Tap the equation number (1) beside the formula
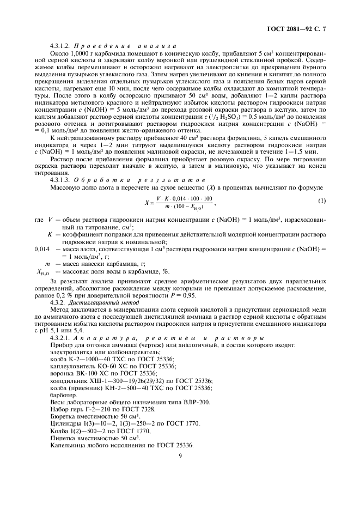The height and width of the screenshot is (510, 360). pos(322,201)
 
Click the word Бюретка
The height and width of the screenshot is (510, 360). pos(63,416)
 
